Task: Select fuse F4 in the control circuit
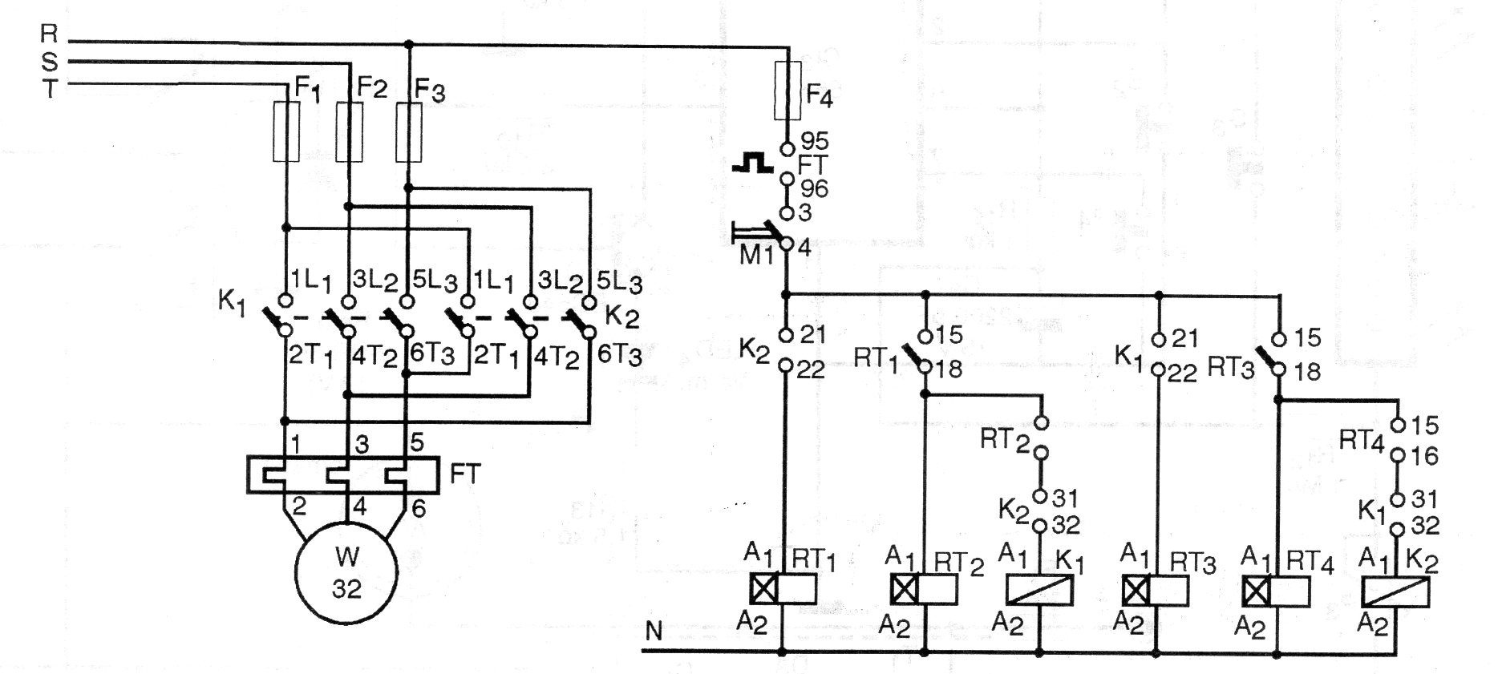coord(787,91)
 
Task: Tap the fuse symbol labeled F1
coord(286,132)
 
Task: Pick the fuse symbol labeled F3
coord(409,132)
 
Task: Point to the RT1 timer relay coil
coord(783,589)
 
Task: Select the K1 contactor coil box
coord(1040,590)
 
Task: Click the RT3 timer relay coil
coord(1156,591)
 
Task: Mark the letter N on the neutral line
coord(654,632)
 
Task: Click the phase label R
coord(49,34)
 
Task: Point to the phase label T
coord(49,89)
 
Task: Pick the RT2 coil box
coord(923,590)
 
